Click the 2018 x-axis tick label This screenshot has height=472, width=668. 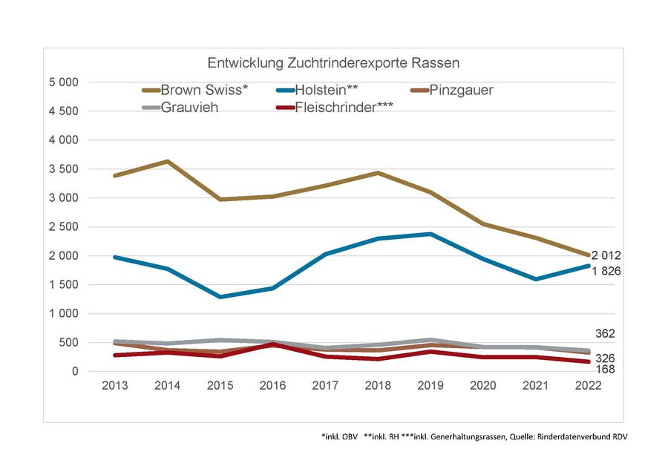(378, 387)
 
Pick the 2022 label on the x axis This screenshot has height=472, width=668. (589, 387)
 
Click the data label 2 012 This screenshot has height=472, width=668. (606, 255)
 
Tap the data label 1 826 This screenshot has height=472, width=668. (606, 272)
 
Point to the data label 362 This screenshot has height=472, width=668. (606, 333)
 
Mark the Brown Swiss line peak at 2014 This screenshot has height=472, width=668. (168, 161)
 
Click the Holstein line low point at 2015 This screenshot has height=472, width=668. (220, 297)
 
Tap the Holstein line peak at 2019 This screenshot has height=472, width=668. (430, 234)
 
